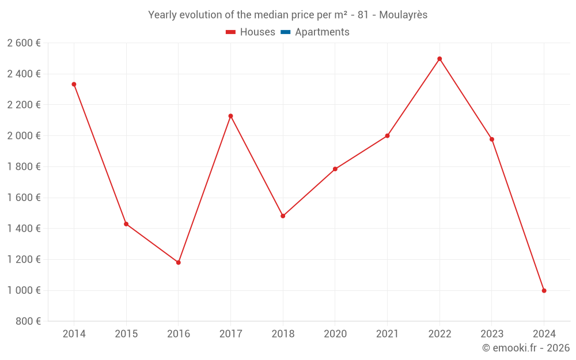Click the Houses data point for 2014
[74, 84]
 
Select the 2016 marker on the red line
[179, 263]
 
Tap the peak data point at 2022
[439, 59]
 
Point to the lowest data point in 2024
[544, 291]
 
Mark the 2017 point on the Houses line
[230, 116]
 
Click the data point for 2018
[283, 216]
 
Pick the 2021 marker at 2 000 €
[387, 136]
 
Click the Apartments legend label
[322, 32]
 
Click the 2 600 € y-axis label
[24, 43]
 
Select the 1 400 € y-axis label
[24, 229]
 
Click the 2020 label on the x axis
[335, 334]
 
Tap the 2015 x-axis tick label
[126, 334]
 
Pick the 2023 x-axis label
[491, 334]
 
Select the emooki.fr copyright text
[525, 348]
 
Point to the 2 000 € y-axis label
[24, 136]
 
